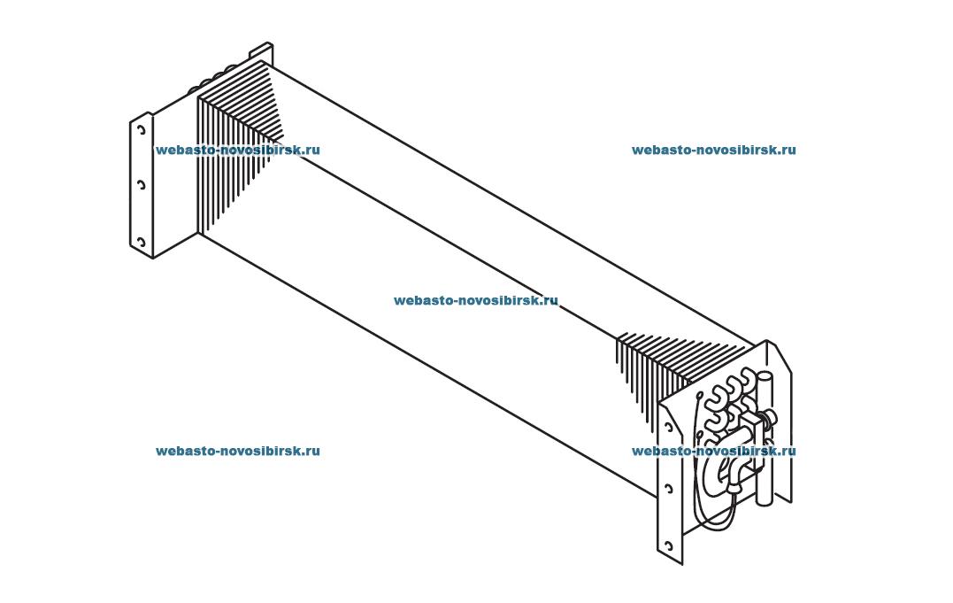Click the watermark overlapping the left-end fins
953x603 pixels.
[x=237, y=150]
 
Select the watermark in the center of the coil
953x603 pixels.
[x=476, y=300]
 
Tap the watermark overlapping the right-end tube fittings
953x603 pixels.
[x=713, y=451]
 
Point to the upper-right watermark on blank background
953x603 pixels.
[x=713, y=150]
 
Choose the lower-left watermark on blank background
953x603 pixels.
[x=237, y=451]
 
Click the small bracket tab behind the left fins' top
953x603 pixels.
[x=262, y=51]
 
